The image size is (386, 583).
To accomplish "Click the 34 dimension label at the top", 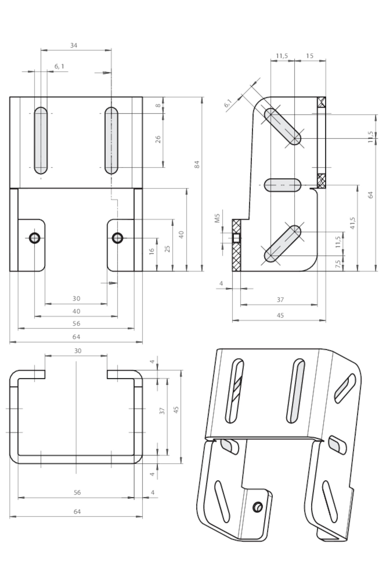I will tap(74, 45).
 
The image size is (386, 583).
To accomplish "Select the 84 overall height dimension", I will tap(197, 165).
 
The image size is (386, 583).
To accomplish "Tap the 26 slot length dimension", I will tap(158, 139).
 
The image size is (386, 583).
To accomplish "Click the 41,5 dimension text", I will tap(353, 223).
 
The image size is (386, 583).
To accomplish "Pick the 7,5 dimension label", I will tap(338, 264).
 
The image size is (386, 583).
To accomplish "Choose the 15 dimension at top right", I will tap(310, 56).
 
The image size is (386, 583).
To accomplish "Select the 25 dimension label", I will tap(168, 249).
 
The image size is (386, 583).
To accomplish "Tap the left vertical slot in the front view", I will tap(41, 140).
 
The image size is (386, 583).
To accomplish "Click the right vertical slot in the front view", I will tap(111, 140).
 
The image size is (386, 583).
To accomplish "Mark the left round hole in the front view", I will tap(35, 238).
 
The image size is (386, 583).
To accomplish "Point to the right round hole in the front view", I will tap(117, 238).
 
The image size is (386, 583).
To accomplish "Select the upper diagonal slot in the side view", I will tap(282, 126).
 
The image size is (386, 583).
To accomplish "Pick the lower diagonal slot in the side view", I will tap(282, 243).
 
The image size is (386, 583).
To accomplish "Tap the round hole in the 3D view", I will tap(258, 507).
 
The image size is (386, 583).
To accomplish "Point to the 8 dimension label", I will tap(158, 105).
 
